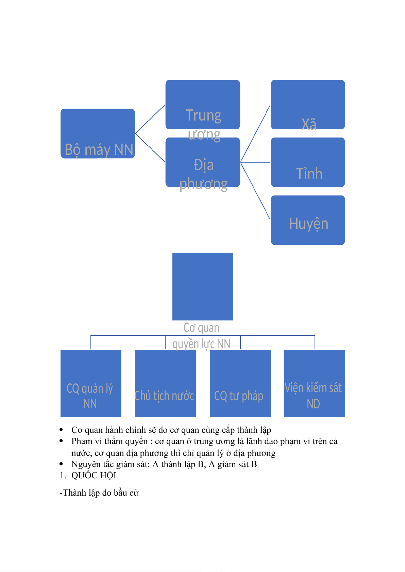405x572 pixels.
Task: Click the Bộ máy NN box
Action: pos(98,133)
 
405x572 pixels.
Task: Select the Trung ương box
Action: pos(203,105)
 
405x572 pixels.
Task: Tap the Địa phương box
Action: pos(203,162)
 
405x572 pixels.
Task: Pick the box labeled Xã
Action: pos(308,105)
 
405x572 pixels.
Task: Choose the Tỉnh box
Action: pos(308,162)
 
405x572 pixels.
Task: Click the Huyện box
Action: pos(308,220)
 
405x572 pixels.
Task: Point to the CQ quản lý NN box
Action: pos(91,383)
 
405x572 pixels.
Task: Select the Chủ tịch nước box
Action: pos(165,383)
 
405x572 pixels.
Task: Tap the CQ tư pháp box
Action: pos(240,383)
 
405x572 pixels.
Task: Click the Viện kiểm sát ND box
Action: pos(315,383)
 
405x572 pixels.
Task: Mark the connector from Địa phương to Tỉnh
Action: pos(255,162)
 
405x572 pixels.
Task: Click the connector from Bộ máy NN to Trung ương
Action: pos(150,119)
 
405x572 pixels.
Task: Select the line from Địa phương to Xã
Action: pos(255,134)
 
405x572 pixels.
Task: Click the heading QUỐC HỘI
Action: pos(94,476)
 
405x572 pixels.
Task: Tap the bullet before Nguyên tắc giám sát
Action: pos(61,464)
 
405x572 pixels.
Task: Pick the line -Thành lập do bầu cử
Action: pos(99,493)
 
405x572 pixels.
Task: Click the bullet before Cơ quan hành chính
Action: pos(61,430)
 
